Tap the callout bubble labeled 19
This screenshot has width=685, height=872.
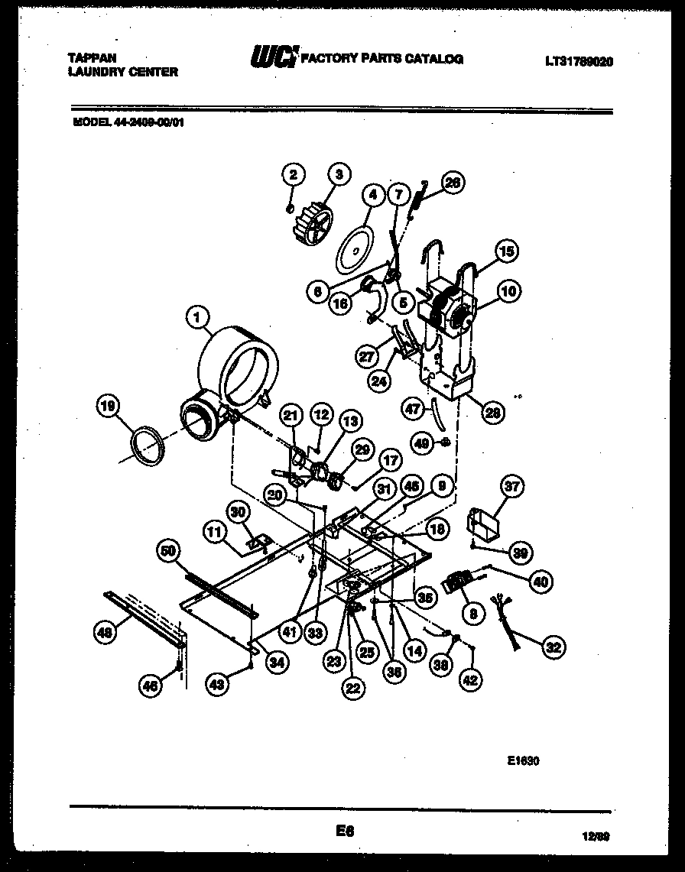[x=110, y=408]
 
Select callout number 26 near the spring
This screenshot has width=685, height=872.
[x=453, y=183]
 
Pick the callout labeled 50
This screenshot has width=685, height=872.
[x=167, y=549]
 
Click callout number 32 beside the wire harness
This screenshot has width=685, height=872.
[x=553, y=648]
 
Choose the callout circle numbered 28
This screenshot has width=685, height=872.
[x=492, y=412]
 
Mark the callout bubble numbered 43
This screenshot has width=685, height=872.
[x=217, y=686]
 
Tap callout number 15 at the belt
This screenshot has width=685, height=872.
[x=507, y=251]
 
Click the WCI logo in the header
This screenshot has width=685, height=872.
[x=272, y=57]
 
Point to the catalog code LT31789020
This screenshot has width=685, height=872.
[x=579, y=62]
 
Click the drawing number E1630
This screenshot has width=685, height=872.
[x=524, y=760]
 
